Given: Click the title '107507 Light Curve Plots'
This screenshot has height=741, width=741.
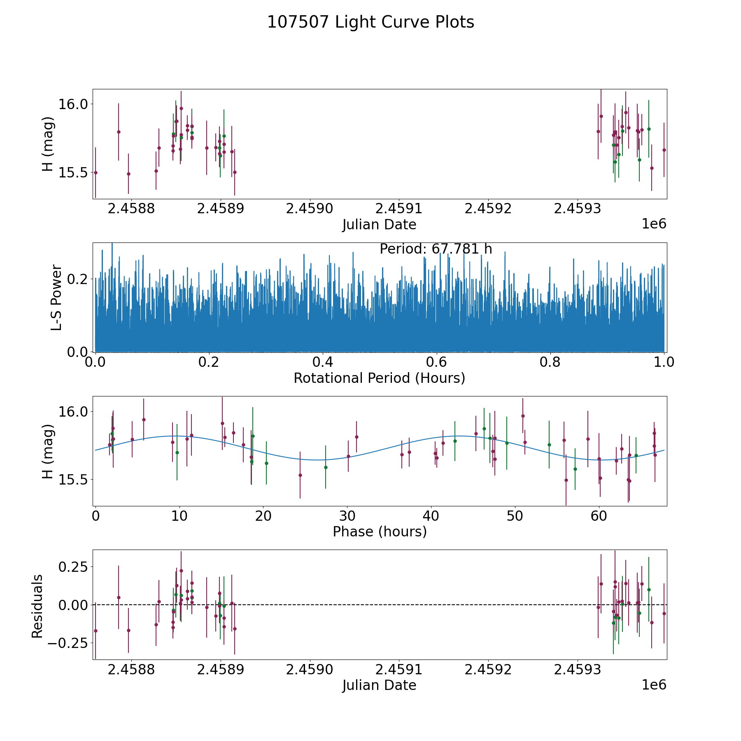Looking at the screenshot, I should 370,22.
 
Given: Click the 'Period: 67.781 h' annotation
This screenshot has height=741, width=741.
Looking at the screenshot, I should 436,249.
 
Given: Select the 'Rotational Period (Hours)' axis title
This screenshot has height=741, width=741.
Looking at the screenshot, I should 379,378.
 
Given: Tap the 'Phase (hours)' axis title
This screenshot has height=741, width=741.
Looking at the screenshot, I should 379,531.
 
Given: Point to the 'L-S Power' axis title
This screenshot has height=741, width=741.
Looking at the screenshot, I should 56,297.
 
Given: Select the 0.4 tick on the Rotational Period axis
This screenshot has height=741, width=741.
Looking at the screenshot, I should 323,363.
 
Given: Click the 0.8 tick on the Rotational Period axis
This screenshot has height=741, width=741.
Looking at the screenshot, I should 550,363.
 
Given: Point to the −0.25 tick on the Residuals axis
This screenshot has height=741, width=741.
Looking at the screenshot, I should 70,643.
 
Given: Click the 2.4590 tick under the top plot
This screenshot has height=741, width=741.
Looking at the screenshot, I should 310,209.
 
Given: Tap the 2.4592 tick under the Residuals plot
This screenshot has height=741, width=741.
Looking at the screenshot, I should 488,669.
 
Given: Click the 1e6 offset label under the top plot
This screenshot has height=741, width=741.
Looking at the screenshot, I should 654,224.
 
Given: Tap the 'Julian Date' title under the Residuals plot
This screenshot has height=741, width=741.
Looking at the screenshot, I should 379,685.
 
